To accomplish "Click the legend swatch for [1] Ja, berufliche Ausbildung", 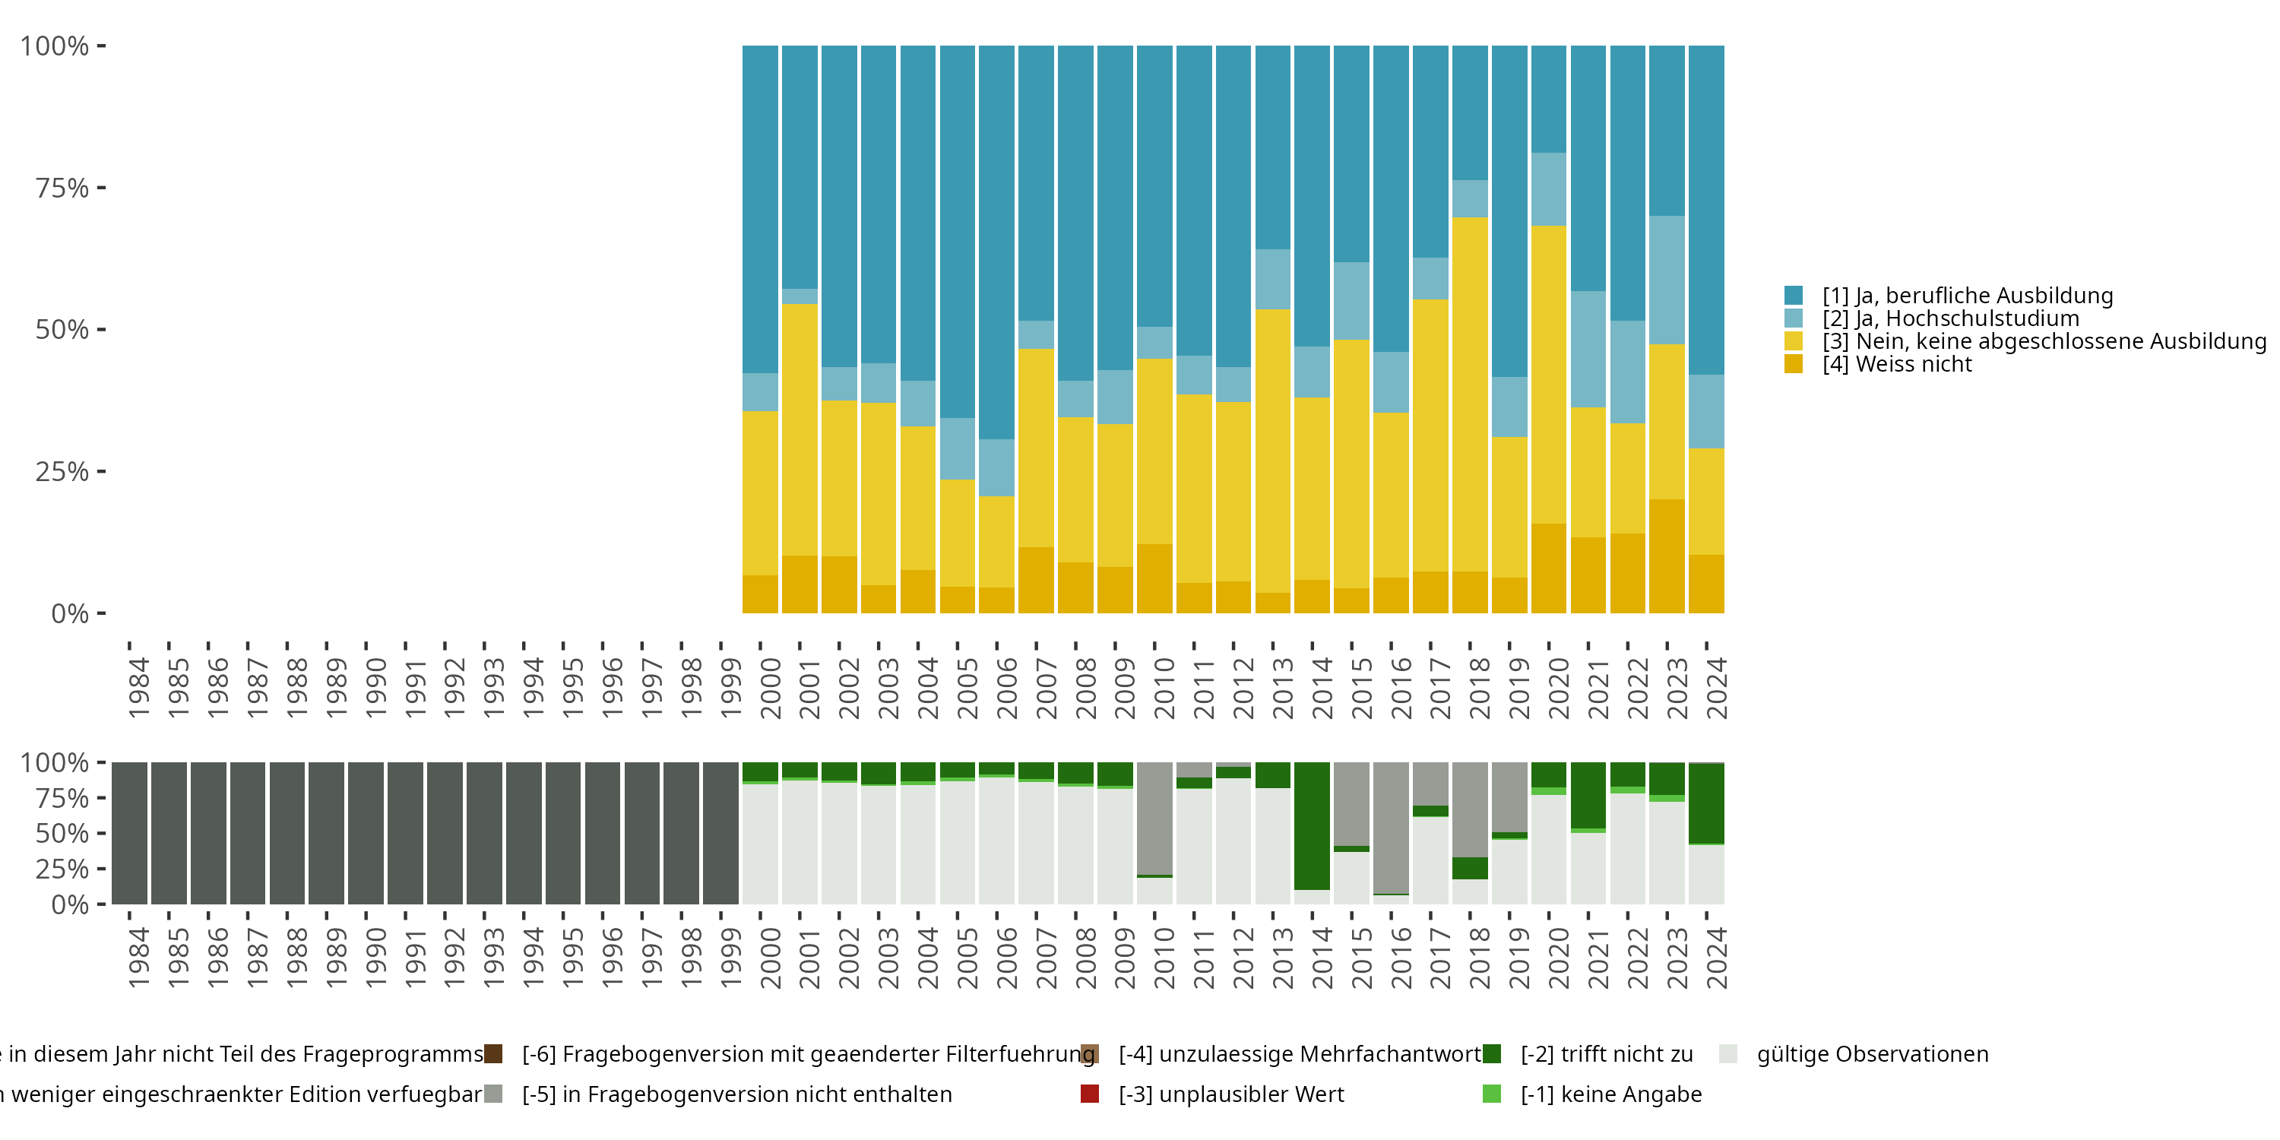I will (x=1793, y=296).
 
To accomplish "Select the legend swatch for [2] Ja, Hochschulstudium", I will (x=1793, y=318).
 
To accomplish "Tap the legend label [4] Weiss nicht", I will (x=1896, y=365).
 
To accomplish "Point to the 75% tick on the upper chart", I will (x=101, y=188).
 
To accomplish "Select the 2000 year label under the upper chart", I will (x=770, y=689).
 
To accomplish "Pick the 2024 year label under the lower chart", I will (x=1716, y=958).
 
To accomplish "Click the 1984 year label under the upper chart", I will (x=139, y=689).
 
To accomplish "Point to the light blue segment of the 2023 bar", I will (x=1667, y=280).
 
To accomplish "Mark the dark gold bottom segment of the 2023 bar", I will (x=1667, y=556).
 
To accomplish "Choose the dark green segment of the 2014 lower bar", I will (x=1312, y=825).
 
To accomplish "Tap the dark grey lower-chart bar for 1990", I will (x=366, y=833).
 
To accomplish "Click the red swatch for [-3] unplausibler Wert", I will (x=1090, y=1094).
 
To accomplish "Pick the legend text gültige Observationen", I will (x=1872, y=1054).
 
